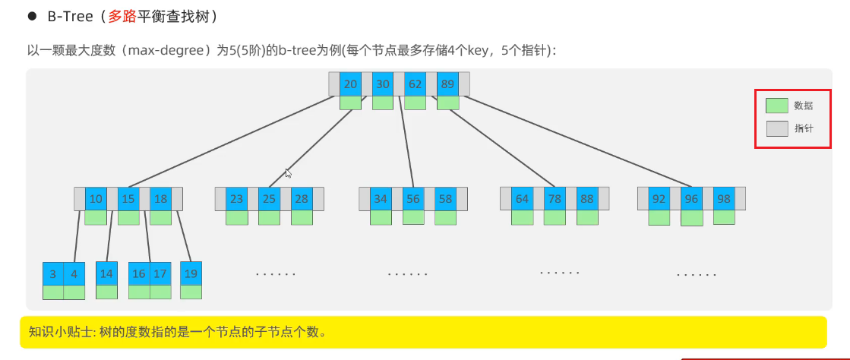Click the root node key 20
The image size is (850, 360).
[x=350, y=84]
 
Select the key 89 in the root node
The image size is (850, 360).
[x=447, y=84]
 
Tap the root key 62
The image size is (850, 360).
[x=415, y=84]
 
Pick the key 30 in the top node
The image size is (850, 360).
[x=383, y=84]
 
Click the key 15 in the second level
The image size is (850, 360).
[x=128, y=199]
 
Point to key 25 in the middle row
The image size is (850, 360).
[x=269, y=199]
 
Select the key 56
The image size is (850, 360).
[x=413, y=199]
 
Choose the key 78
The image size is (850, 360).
[x=555, y=199]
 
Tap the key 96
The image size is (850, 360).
[x=691, y=199]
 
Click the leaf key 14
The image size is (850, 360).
[x=106, y=273]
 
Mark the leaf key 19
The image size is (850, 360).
[x=191, y=273]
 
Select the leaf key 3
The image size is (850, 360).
[x=52, y=273]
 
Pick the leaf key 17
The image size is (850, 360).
[x=160, y=273]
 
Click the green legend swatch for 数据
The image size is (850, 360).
[x=776, y=106]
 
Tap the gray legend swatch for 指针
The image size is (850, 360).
[x=776, y=128]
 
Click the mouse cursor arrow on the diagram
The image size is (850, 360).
[x=288, y=173]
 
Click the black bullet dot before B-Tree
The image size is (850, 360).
[x=32, y=16]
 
